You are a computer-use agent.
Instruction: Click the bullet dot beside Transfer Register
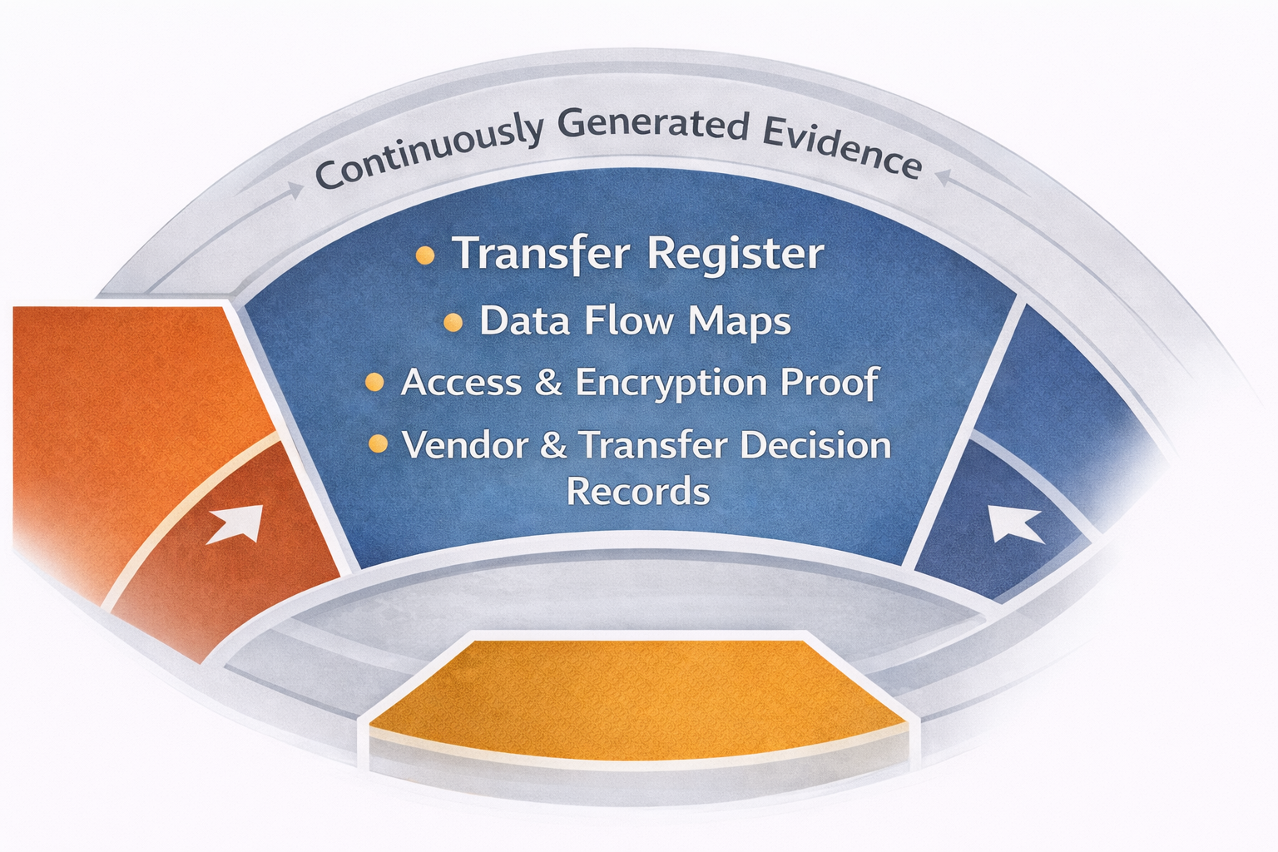click(424, 255)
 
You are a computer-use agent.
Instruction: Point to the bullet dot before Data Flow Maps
click(453, 323)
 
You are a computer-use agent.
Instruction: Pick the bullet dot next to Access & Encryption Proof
click(374, 383)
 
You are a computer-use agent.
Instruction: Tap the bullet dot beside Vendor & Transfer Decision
click(378, 444)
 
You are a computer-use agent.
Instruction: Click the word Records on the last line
click(638, 491)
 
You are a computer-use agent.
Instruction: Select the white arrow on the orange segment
click(237, 524)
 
